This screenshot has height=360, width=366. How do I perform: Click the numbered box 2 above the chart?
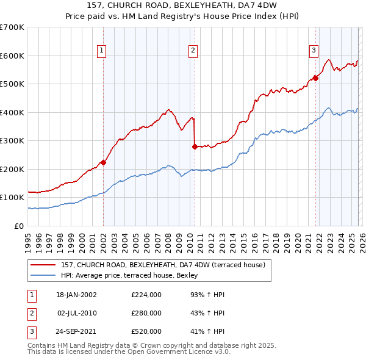pyautogui.click(x=192, y=51)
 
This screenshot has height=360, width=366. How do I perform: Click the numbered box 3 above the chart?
pyautogui.click(x=314, y=51)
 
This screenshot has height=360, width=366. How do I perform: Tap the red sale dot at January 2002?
pyautogui.click(x=104, y=162)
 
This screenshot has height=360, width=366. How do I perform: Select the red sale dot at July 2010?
pyautogui.click(x=195, y=146)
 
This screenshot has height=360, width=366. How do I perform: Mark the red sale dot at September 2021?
pyautogui.click(x=316, y=78)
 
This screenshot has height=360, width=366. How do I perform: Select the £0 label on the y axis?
pyautogui.click(x=20, y=226)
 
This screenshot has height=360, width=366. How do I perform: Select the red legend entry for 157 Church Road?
pyautogui.click(x=162, y=265)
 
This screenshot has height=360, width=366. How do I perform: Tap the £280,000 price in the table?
pyautogui.click(x=146, y=313)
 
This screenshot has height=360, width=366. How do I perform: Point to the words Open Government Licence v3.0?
pyautogui.click(x=178, y=352)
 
